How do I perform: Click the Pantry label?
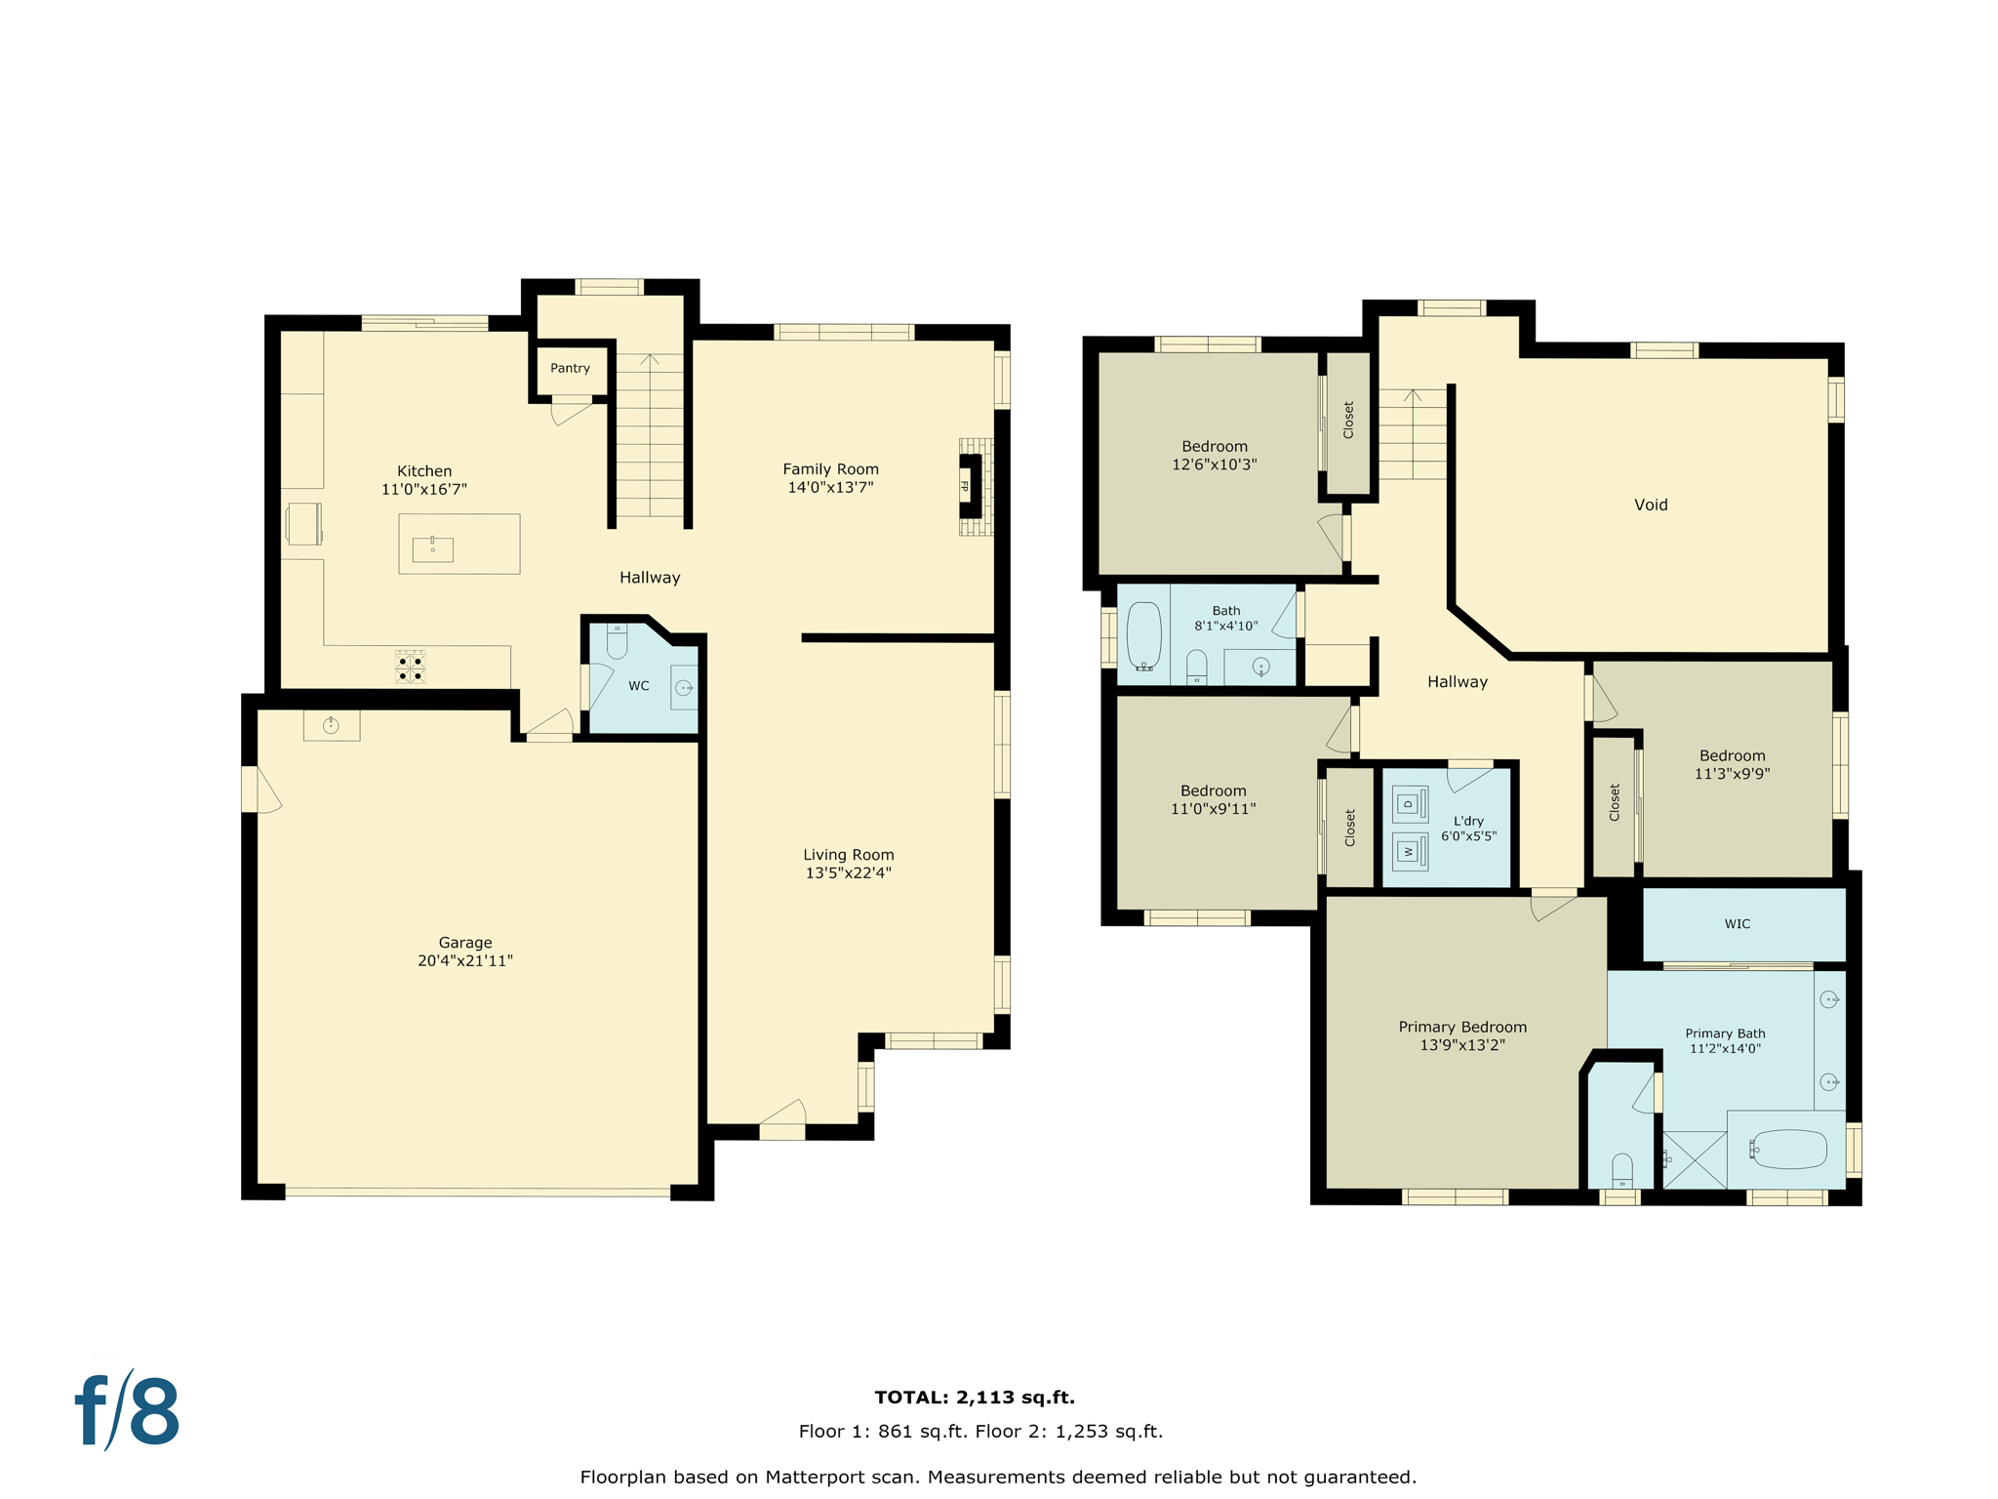point(570,368)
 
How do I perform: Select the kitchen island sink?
point(432,549)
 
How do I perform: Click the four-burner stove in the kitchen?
point(410,668)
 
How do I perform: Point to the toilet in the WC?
point(617,641)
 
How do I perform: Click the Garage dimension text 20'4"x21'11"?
point(464,960)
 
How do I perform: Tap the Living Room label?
point(848,855)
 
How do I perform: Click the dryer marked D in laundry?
point(1409,804)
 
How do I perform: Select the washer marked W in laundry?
point(1409,851)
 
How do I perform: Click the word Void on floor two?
point(1651,505)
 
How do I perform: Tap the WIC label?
point(1737,923)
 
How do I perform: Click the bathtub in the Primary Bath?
point(1788,1150)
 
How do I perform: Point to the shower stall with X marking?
point(1695,1159)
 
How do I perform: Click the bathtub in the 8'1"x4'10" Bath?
point(1143,636)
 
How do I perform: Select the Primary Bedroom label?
point(1461,1027)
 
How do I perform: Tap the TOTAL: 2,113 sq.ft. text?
point(974,1397)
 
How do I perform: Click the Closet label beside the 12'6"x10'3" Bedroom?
point(1348,420)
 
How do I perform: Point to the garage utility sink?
point(332,725)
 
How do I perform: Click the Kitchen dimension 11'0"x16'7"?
point(423,489)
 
